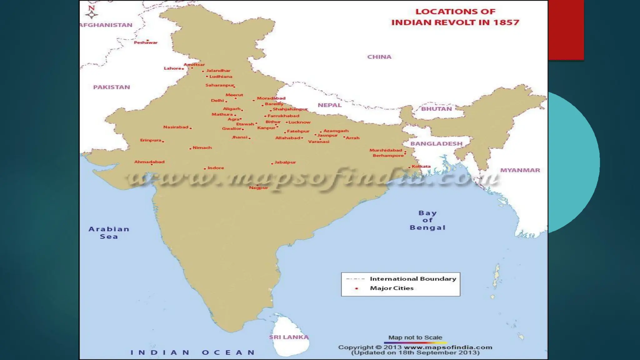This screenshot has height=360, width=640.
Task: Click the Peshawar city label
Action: pyautogui.click(x=146, y=42)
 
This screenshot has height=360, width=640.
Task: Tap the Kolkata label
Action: pyautogui.click(x=421, y=166)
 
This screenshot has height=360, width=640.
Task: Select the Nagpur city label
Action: pyautogui.click(x=258, y=188)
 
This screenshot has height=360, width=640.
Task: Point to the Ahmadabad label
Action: pyautogui.click(x=149, y=162)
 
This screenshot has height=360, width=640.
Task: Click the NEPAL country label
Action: pyautogui.click(x=330, y=105)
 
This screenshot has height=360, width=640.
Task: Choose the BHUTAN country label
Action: pyautogui.click(x=436, y=109)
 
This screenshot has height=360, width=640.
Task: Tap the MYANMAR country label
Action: pyautogui.click(x=520, y=170)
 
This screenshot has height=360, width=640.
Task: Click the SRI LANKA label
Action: pyautogui.click(x=289, y=337)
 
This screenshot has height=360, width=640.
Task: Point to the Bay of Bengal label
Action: pyautogui.click(x=427, y=220)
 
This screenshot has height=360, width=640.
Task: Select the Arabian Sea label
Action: pyautogui.click(x=109, y=233)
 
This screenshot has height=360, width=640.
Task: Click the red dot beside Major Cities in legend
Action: pyautogui.click(x=356, y=288)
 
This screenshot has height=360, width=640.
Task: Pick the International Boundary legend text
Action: pyautogui.click(x=413, y=279)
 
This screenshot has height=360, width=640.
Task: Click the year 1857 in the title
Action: pyautogui.click(x=506, y=22)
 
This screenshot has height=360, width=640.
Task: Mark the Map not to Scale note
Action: pyautogui.click(x=415, y=337)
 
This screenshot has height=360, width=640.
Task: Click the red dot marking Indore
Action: pyautogui.click(x=205, y=169)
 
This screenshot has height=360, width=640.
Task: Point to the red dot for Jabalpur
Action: pyautogui.click(x=272, y=163)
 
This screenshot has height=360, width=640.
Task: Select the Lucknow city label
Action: pyautogui.click(x=299, y=122)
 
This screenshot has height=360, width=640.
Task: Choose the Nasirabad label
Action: pyautogui.click(x=176, y=127)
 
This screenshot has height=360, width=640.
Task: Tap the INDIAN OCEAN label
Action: pyautogui.click(x=192, y=352)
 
